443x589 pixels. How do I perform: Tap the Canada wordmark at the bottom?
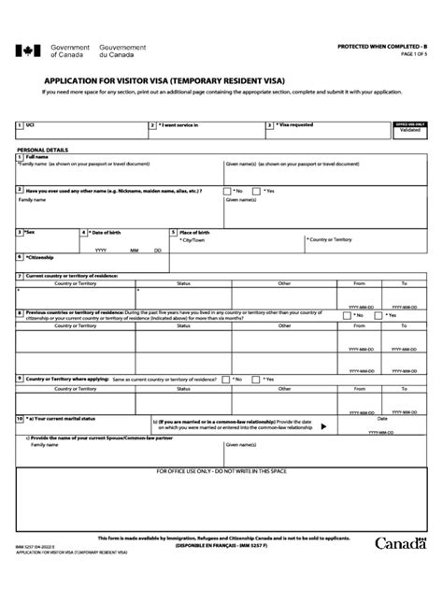[401, 569]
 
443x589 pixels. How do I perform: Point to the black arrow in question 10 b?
[323, 426]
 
